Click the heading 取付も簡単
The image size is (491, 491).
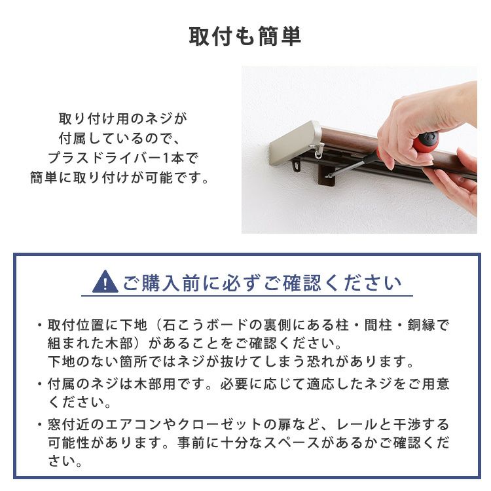click(245, 37)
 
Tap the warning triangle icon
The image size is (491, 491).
click(105, 282)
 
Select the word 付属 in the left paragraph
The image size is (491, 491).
click(72, 138)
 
